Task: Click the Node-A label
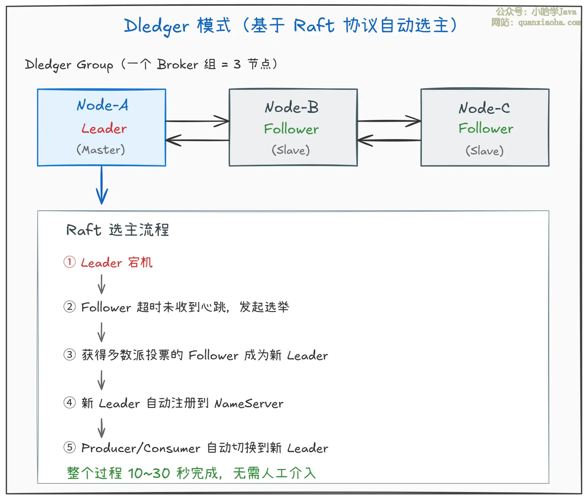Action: [x=103, y=105]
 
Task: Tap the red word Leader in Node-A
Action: [x=104, y=129]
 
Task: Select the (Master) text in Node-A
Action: [x=101, y=150]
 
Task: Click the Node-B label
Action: [x=292, y=107]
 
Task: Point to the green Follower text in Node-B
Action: [x=291, y=129]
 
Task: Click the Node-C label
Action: [x=484, y=108]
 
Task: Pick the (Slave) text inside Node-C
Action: [x=484, y=151]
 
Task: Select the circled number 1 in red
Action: [x=70, y=262]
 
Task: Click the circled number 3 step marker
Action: [x=70, y=355]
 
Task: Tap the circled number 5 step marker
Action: [x=70, y=447]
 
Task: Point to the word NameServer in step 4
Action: [x=249, y=403]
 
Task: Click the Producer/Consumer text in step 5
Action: [x=141, y=448]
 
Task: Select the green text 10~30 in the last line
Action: [x=149, y=473]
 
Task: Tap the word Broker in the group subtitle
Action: [x=178, y=65]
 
